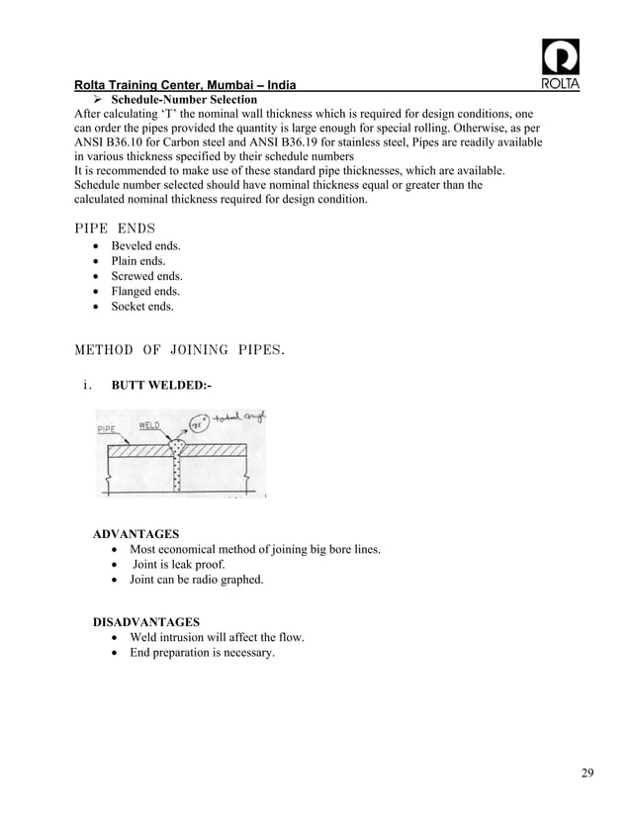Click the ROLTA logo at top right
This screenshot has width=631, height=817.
[561, 65]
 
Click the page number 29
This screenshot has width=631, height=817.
[587, 772]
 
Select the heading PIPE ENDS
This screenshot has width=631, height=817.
[114, 228]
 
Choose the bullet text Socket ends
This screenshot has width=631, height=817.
[142, 307]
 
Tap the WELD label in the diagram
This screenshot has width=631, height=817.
[150, 425]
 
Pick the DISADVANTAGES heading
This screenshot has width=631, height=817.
[145, 622]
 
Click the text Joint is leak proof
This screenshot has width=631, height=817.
[179, 564]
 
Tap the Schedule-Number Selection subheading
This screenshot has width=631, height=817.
[184, 100]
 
